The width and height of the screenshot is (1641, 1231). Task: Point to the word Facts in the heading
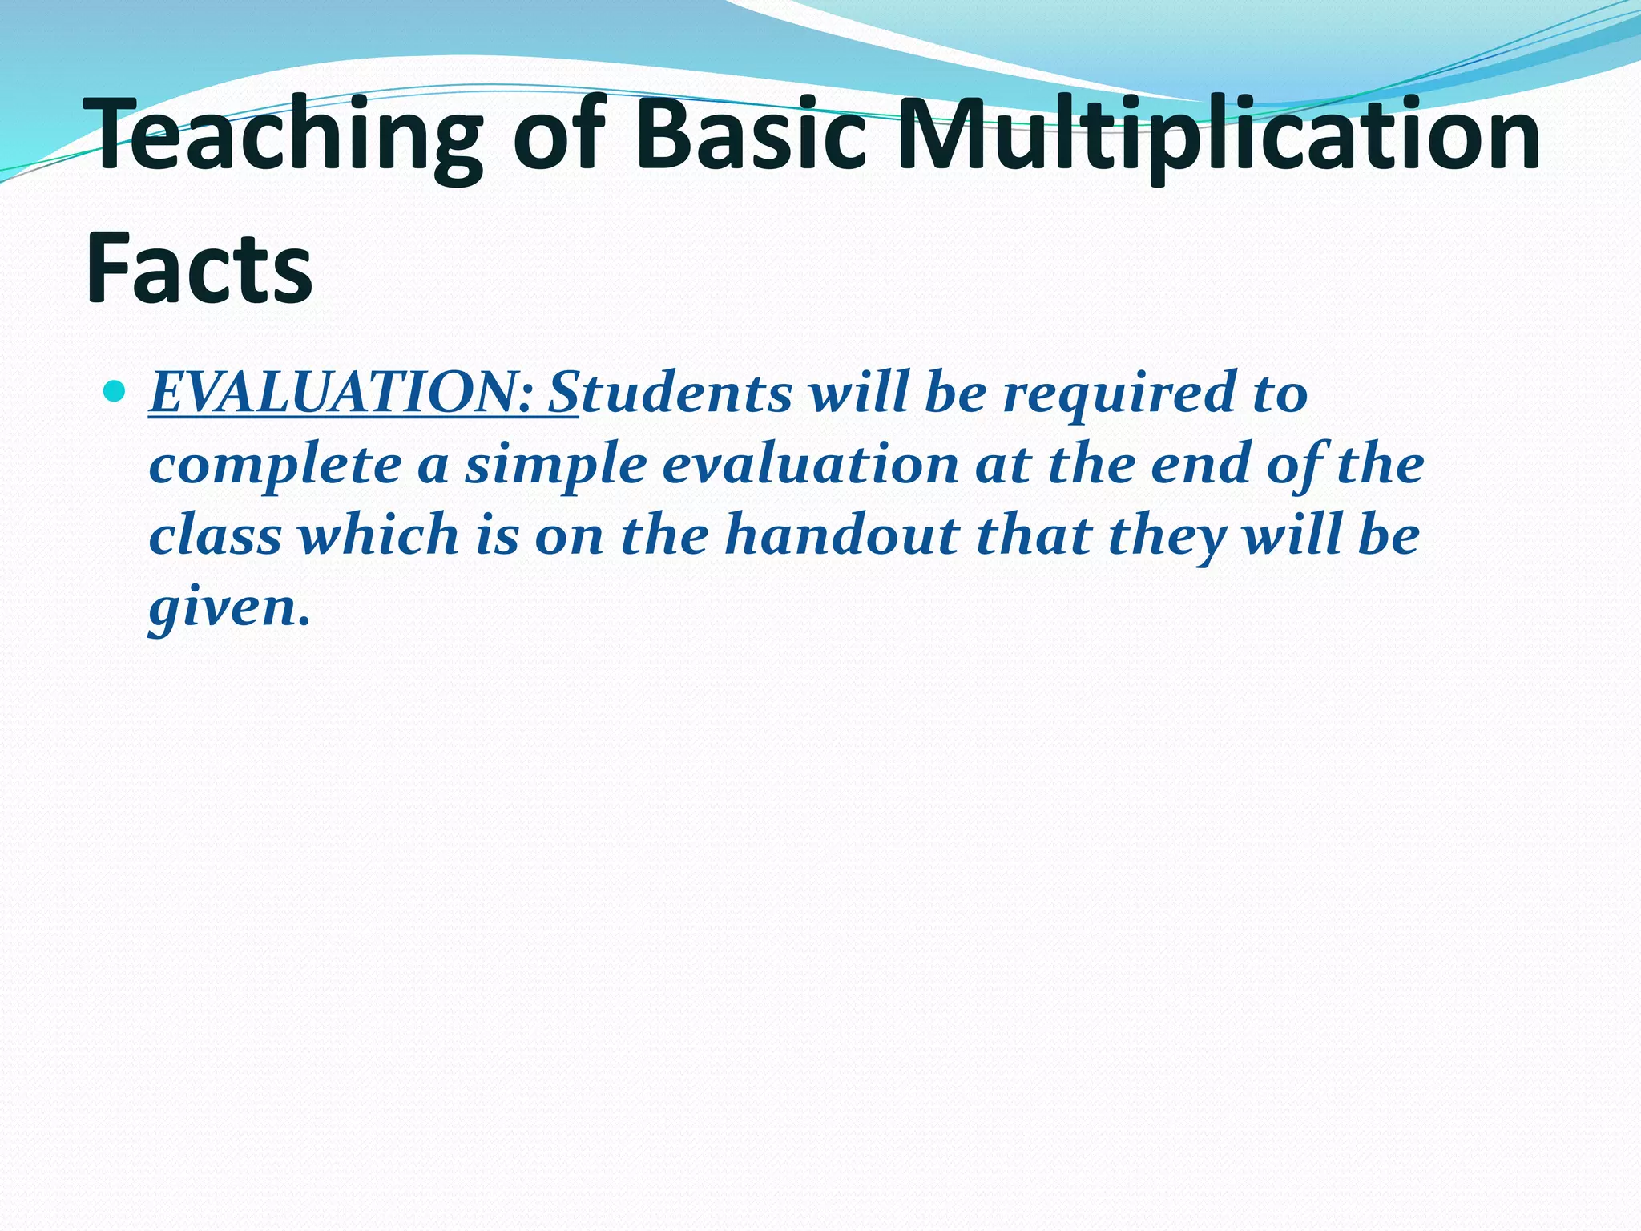(x=199, y=268)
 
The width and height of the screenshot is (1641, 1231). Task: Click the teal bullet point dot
(x=115, y=392)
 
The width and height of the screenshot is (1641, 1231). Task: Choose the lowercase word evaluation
(x=810, y=465)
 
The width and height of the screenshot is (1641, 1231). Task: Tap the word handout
(x=841, y=535)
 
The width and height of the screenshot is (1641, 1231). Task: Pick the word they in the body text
(x=1166, y=535)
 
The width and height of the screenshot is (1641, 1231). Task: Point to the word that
(x=1034, y=535)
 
